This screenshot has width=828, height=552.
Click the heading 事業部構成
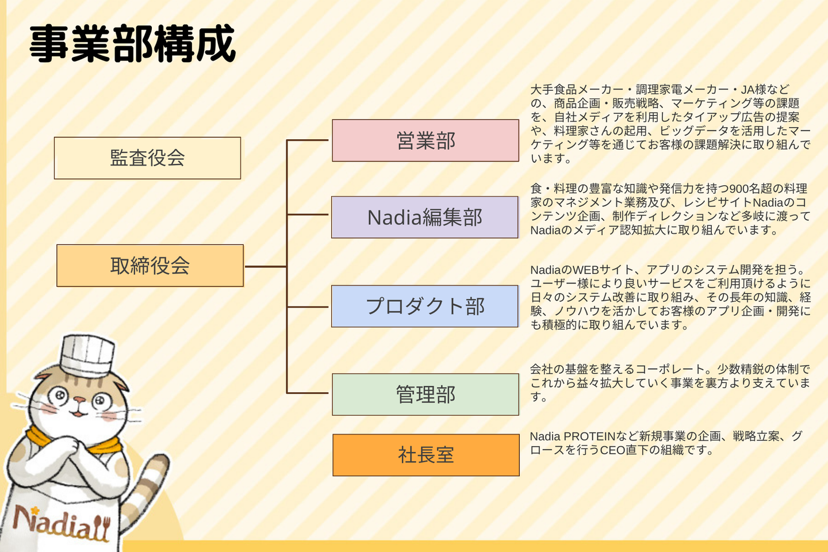tap(132, 44)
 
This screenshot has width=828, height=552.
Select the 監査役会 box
tap(147, 158)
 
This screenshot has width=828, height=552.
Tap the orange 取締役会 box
tap(149, 266)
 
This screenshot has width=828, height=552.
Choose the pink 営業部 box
tap(425, 141)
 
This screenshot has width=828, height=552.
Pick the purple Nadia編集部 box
tap(424, 217)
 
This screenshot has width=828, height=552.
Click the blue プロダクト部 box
tap(424, 306)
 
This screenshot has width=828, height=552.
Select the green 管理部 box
tap(425, 394)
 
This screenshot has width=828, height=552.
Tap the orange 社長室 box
tap(425, 455)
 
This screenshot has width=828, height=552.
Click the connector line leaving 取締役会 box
tap(265, 266)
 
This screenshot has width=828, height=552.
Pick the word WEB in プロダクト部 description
tap(585, 270)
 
